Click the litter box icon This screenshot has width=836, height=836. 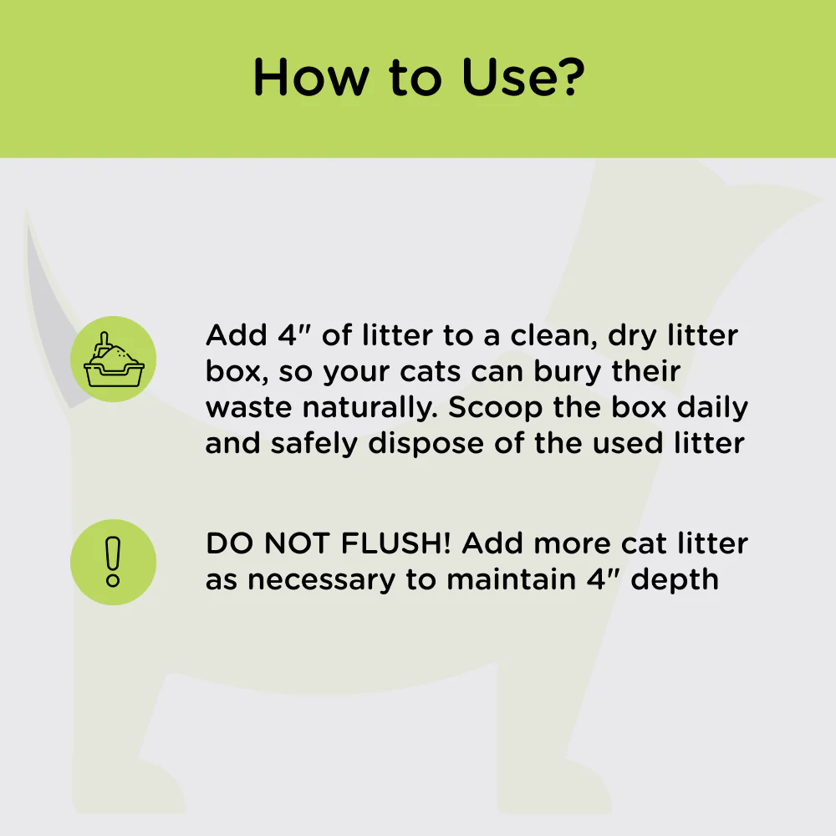[x=113, y=359]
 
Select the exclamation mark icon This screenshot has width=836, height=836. [x=113, y=562]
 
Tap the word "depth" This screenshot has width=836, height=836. [x=675, y=580]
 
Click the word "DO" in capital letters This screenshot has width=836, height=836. [x=226, y=544]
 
